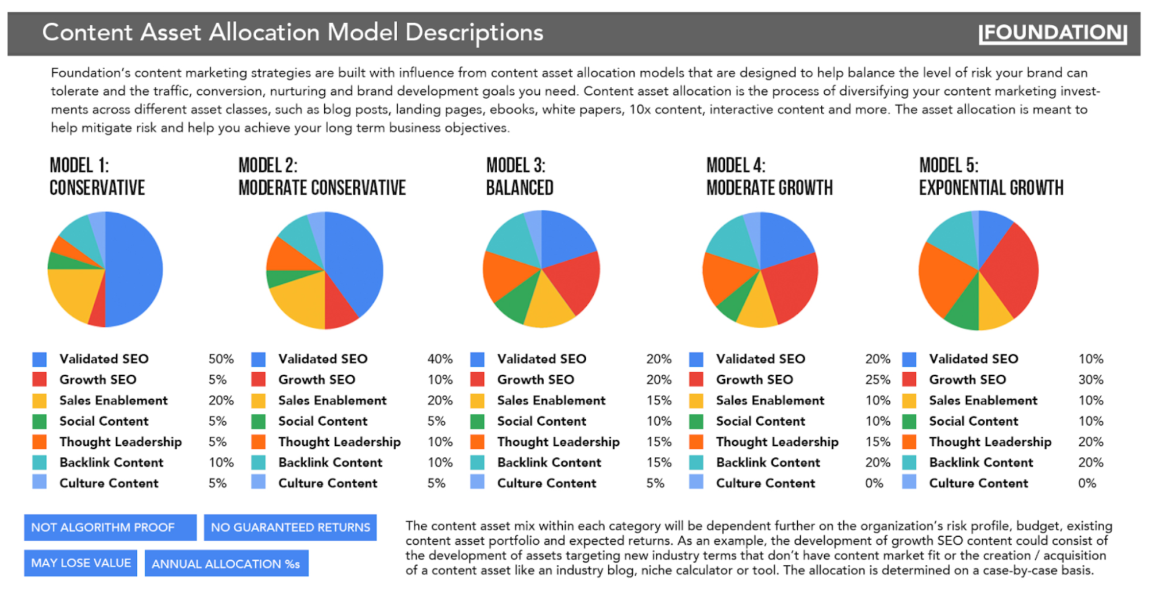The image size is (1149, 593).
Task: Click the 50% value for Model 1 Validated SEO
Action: tap(221, 359)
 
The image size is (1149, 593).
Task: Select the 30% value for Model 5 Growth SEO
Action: tap(1090, 380)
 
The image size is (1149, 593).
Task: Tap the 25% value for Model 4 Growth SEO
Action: tap(877, 380)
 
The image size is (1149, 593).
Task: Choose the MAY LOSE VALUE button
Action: tap(80, 563)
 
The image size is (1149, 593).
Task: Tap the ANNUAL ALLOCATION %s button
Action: tap(226, 564)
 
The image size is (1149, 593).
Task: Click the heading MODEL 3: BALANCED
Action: tap(519, 177)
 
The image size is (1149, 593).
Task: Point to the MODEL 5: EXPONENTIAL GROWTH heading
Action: tap(990, 177)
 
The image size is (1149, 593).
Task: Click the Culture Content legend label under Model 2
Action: tap(328, 483)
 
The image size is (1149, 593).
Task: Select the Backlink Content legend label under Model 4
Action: tap(768, 463)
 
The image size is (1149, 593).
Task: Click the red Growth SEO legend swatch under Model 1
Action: tap(40, 380)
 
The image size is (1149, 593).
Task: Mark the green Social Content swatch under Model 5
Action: tap(909, 421)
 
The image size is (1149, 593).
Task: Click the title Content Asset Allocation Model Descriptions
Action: tap(293, 33)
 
